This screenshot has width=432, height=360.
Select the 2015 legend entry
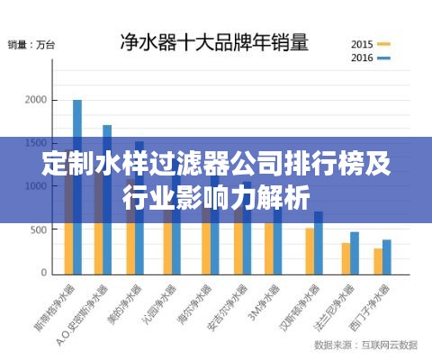(370, 43)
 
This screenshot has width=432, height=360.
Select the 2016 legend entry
(370, 58)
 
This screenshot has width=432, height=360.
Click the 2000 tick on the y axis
(34, 100)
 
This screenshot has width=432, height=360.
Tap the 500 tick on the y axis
(37, 229)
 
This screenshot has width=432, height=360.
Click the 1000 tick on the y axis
(34, 186)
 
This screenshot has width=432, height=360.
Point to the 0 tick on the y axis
(41, 272)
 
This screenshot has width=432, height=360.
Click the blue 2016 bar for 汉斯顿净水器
(319, 242)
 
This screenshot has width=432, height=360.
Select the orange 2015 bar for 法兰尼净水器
(346, 257)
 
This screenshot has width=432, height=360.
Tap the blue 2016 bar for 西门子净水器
(387, 256)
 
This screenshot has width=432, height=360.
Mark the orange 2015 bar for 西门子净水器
(378, 261)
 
